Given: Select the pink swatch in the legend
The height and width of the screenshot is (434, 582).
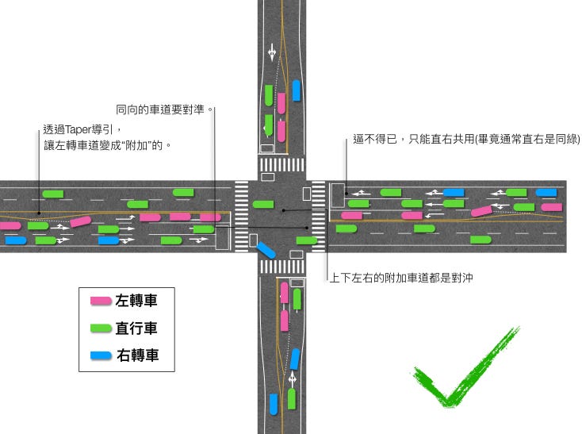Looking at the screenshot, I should [101, 301].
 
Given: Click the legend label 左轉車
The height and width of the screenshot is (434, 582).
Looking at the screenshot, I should [136, 301].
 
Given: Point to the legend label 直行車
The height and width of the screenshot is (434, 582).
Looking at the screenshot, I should [136, 328].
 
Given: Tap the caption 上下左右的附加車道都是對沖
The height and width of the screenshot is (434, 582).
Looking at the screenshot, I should [401, 278].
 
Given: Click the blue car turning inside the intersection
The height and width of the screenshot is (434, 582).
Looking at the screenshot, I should [266, 249].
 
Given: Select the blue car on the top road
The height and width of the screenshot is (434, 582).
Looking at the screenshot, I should [296, 90].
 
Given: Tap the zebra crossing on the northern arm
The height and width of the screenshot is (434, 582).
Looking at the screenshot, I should [281, 165].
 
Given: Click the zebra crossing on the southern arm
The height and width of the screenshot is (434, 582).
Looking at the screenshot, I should [281, 267].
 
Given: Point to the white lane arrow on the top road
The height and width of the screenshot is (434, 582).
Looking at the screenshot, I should [272, 52].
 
